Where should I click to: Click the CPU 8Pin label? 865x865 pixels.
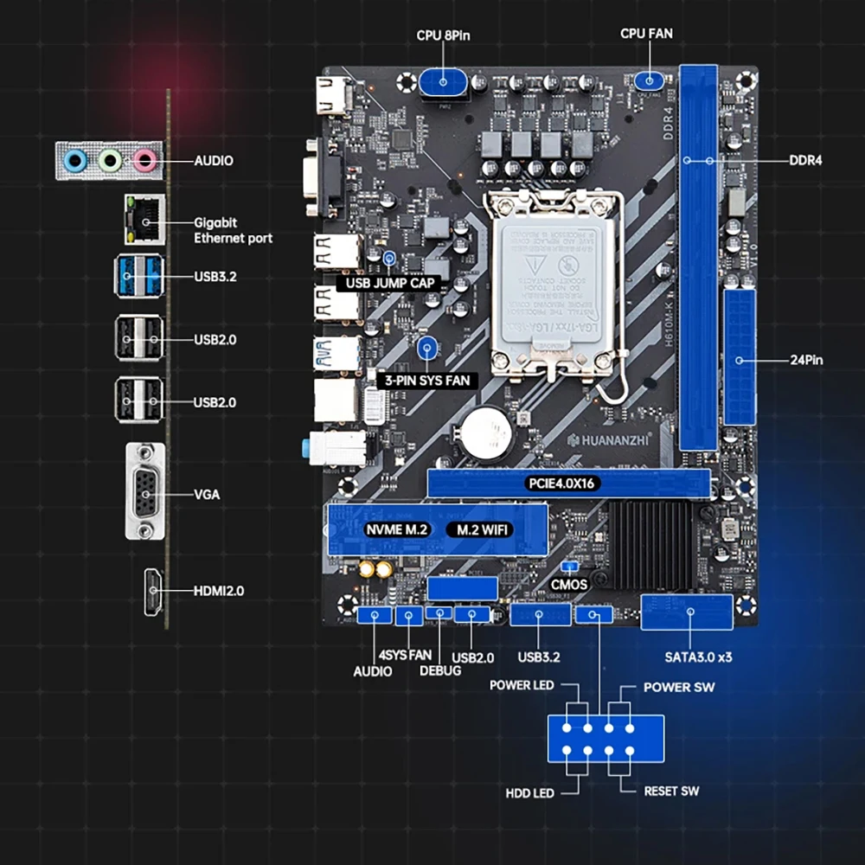point(444,35)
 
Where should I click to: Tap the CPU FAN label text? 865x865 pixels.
point(646,34)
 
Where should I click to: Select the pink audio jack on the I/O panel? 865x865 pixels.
point(143,159)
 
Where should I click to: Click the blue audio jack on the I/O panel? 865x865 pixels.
point(77,159)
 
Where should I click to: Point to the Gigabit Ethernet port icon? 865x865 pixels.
point(144,221)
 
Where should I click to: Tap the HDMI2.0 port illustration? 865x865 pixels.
point(154,592)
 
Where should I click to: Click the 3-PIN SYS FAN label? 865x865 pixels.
point(427,379)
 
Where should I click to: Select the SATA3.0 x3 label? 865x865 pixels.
point(698,657)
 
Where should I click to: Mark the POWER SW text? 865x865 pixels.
point(679,688)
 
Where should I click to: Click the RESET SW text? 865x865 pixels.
point(671,791)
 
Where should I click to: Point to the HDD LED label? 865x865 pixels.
point(529,792)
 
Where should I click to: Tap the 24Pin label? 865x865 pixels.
point(806,358)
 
